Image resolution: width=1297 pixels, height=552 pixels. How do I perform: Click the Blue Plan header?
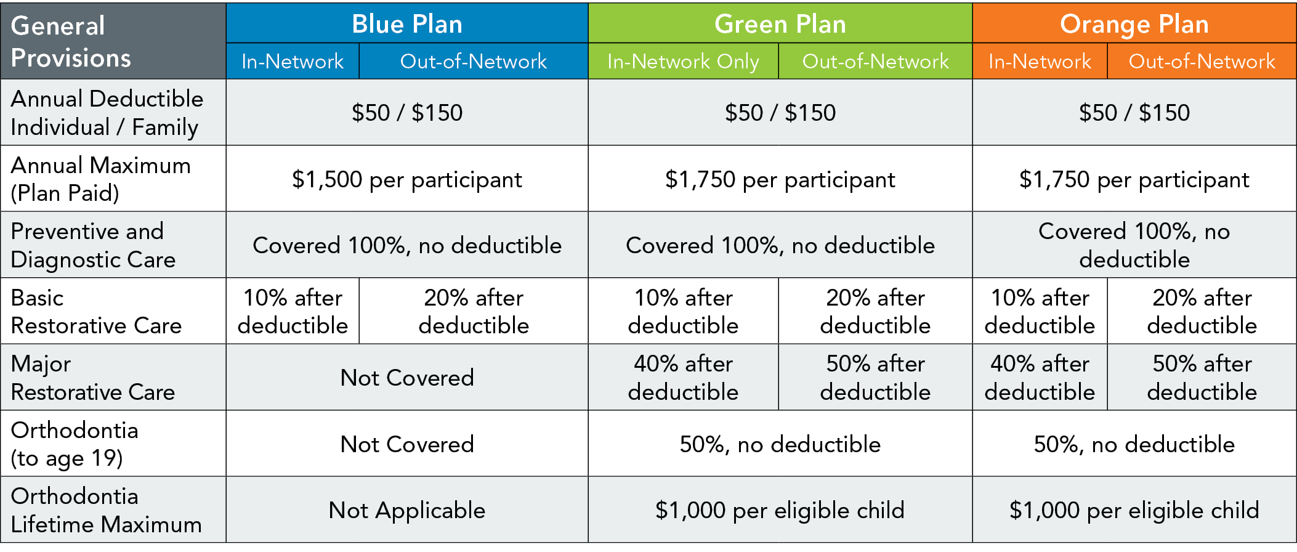coord(407,24)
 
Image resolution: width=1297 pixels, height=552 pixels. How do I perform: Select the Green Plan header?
coord(780,24)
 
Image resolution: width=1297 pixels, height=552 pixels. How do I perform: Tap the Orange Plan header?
coord(1134,24)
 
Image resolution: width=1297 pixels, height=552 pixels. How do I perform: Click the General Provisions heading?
coord(71,41)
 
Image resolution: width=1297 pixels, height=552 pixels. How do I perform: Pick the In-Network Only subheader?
coord(683,62)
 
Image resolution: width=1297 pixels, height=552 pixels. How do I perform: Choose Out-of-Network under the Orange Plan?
coord(1202,62)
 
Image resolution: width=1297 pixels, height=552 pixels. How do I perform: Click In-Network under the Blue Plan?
coord(293,62)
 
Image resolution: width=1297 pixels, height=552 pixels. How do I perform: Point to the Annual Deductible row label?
coord(107,113)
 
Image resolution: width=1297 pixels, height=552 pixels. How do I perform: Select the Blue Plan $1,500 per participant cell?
coord(407,179)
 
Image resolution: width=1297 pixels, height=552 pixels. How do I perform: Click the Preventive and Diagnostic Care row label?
coord(93,245)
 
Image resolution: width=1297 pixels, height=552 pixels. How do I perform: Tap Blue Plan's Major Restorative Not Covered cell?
coord(407,378)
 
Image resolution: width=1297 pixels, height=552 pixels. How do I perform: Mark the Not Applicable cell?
coord(407,510)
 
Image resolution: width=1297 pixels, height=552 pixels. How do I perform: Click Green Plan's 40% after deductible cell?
coord(683,378)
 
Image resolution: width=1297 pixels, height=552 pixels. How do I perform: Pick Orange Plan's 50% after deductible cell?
coord(1202,378)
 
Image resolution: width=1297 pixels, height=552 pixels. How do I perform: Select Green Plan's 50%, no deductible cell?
coord(780,444)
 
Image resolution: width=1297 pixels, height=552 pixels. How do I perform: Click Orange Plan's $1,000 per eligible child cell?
coord(1134,510)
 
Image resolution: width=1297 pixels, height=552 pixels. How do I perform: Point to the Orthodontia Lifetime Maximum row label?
coord(106,510)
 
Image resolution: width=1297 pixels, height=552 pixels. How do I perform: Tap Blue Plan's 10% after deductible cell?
coord(293,312)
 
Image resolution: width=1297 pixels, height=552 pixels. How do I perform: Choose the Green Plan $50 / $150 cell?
coord(780,113)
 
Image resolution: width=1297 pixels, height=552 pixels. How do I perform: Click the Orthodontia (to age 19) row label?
coord(75,444)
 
